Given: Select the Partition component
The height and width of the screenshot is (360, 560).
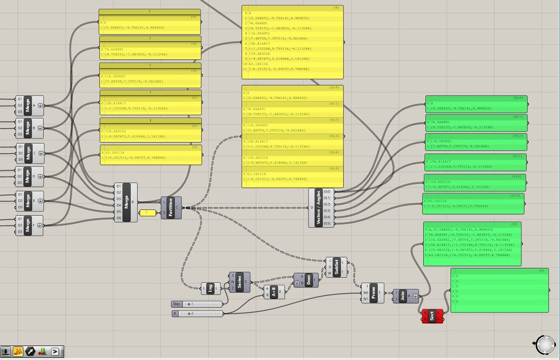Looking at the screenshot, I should (171, 208).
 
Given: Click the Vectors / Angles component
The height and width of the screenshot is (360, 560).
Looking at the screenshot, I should (318, 208).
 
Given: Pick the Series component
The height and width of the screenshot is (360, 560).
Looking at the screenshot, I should (239, 282).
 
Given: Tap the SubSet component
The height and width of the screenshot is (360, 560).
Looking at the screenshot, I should (336, 267).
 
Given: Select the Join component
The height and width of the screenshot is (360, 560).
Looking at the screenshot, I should (403, 296).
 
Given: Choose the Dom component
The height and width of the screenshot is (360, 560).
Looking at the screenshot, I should (309, 280).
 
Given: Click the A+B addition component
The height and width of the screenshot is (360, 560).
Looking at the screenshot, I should (273, 292).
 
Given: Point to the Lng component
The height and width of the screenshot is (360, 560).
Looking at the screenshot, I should (211, 289).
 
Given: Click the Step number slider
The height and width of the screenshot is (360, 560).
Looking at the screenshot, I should (202, 304).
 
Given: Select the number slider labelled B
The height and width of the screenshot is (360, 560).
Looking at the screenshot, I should (202, 313).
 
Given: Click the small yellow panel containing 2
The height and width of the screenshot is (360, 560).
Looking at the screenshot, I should (148, 213).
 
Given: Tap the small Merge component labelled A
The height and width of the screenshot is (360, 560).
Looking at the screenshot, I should (28, 106).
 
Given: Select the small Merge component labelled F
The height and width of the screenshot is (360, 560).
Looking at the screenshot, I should (28, 225).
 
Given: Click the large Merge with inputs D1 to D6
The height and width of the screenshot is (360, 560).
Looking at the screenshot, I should (126, 202).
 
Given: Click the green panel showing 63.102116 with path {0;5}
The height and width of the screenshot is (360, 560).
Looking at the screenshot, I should (473, 204).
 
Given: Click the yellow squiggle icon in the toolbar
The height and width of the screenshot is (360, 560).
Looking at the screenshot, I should (18, 351).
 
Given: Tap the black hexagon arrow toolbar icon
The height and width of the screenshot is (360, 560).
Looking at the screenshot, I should (30, 351).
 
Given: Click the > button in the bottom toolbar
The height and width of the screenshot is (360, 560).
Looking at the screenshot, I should (55, 351).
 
